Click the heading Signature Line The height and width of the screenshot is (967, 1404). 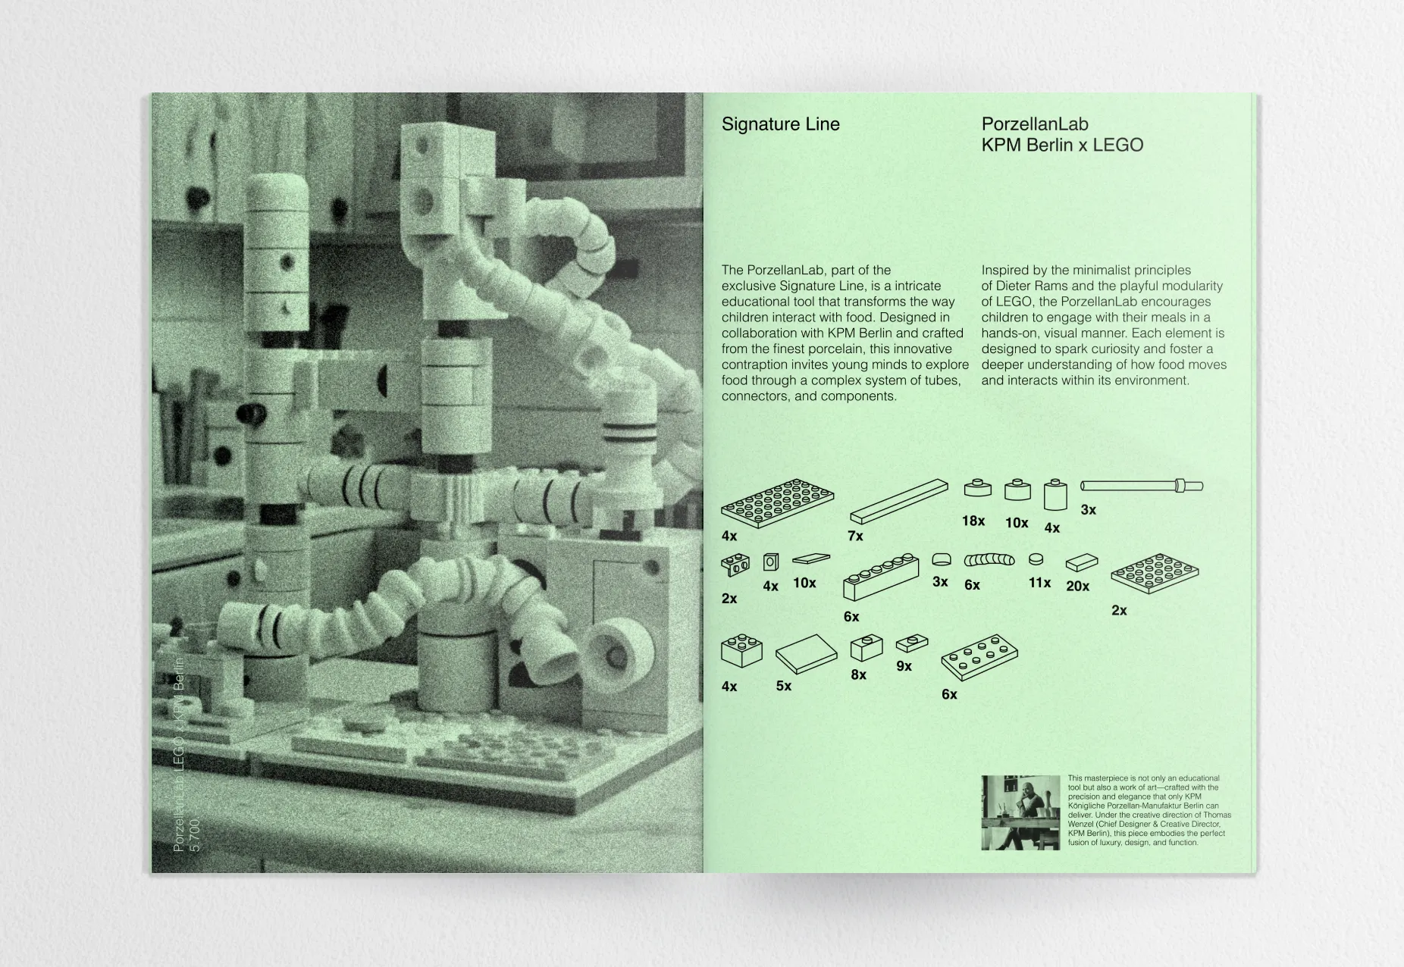tap(780, 124)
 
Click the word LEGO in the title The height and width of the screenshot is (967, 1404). tap(1117, 145)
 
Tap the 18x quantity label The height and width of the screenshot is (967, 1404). tap(973, 521)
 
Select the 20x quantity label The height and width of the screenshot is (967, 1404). tap(1077, 586)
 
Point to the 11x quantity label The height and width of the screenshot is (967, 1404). tap(1039, 582)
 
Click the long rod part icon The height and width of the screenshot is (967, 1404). tap(1141, 486)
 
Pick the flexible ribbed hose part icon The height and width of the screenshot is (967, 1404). tap(989, 560)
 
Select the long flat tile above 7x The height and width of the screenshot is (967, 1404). tap(898, 502)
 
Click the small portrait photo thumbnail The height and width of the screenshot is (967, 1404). tap(1020, 812)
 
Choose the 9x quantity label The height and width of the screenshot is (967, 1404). tap(904, 666)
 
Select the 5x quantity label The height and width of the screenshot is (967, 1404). tap(783, 686)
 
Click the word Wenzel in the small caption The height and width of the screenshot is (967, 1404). tap(1082, 825)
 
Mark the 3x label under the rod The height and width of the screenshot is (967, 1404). tap(1088, 510)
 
